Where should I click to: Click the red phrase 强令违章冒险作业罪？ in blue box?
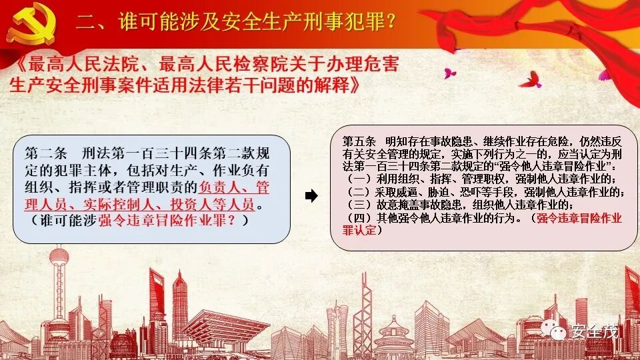[x=173, y=221]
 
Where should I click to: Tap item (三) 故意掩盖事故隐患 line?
[x=460, y=205]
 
